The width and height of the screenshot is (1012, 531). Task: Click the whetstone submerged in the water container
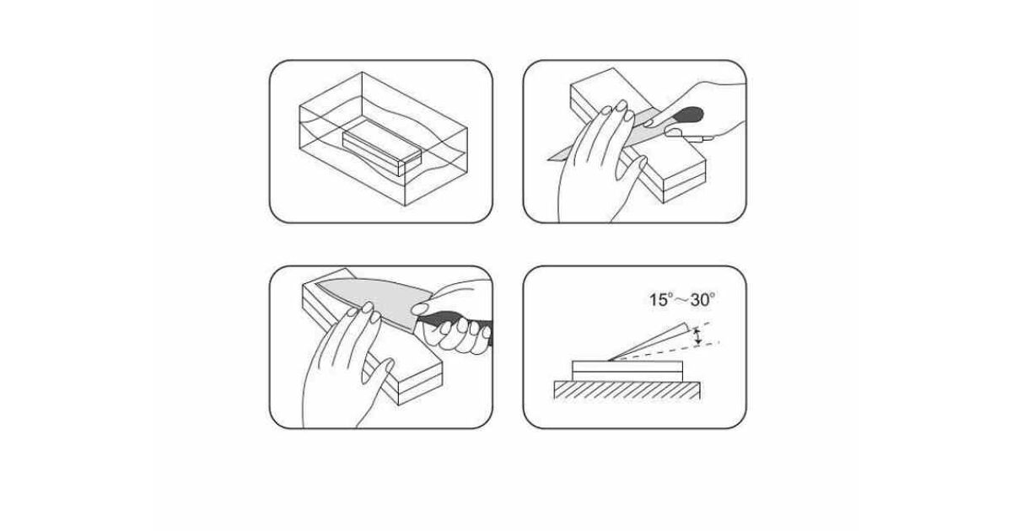point(382,148)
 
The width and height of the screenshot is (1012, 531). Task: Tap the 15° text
point(661,300)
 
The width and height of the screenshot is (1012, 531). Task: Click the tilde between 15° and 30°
point(681,300)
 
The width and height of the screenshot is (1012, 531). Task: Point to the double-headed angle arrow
point(698,337)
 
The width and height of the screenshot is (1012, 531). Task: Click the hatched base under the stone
point(627,390)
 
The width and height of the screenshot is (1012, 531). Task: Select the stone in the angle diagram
point(627,371)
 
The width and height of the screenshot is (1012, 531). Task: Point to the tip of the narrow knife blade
point(548,159)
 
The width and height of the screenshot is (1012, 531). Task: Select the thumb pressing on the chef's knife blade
point(421,309)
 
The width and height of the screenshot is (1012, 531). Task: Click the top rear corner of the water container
point(362,72)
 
